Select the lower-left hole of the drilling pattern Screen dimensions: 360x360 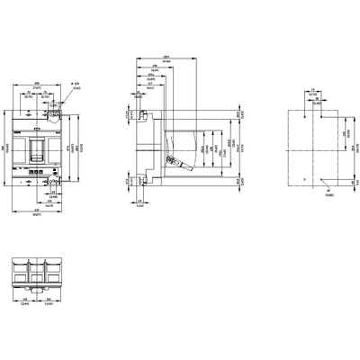click(305, 180)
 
